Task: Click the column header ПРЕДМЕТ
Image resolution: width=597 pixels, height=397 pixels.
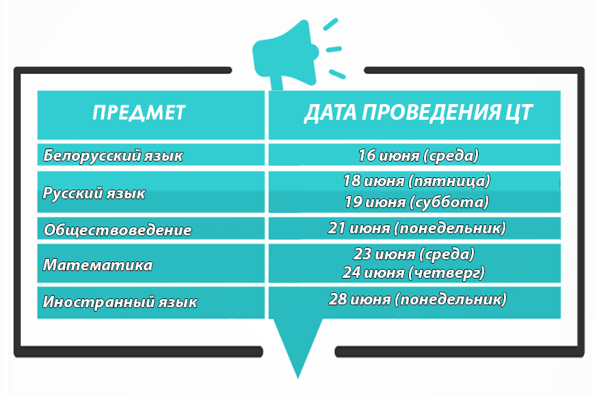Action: pyautogui.click(x=139, y=113)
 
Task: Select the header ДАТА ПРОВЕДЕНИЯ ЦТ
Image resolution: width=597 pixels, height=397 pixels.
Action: pyautogui.click(x=418, y=113)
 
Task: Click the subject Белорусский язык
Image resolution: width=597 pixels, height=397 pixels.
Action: pyautogui.click(x=113, y=155)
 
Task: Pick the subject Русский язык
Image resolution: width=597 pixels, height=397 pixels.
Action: pyautogui.click(x=94, y=193)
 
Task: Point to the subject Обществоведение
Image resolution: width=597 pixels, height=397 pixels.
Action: pyautogui.click(x=118, y=230)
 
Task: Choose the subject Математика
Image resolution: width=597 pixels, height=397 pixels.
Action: pyautogui.click(x=98, y=265)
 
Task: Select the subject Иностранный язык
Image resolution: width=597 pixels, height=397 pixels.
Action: pyautogui.click(x=120, y=302)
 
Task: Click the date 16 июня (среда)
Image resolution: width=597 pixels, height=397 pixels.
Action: pyautogui.click(x=418, y=155)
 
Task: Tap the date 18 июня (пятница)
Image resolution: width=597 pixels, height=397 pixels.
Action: pyautogui.click(x=416, y=181)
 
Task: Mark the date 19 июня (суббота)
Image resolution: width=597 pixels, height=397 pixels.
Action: pyautogui.click(x=416, y=202)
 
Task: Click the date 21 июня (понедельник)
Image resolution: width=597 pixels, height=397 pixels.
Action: pyautogui.click(x=417, y=228)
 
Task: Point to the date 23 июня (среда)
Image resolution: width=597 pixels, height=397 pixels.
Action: pyautogui.click(x=414, y=254)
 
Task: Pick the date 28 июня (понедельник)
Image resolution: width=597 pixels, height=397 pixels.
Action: pyautogui.click(x=418, y=300)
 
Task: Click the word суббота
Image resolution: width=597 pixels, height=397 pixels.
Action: pyautogui.click(x=451, y=203)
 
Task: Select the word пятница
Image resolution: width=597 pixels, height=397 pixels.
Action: pyautogui.click(x=449, y=181)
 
